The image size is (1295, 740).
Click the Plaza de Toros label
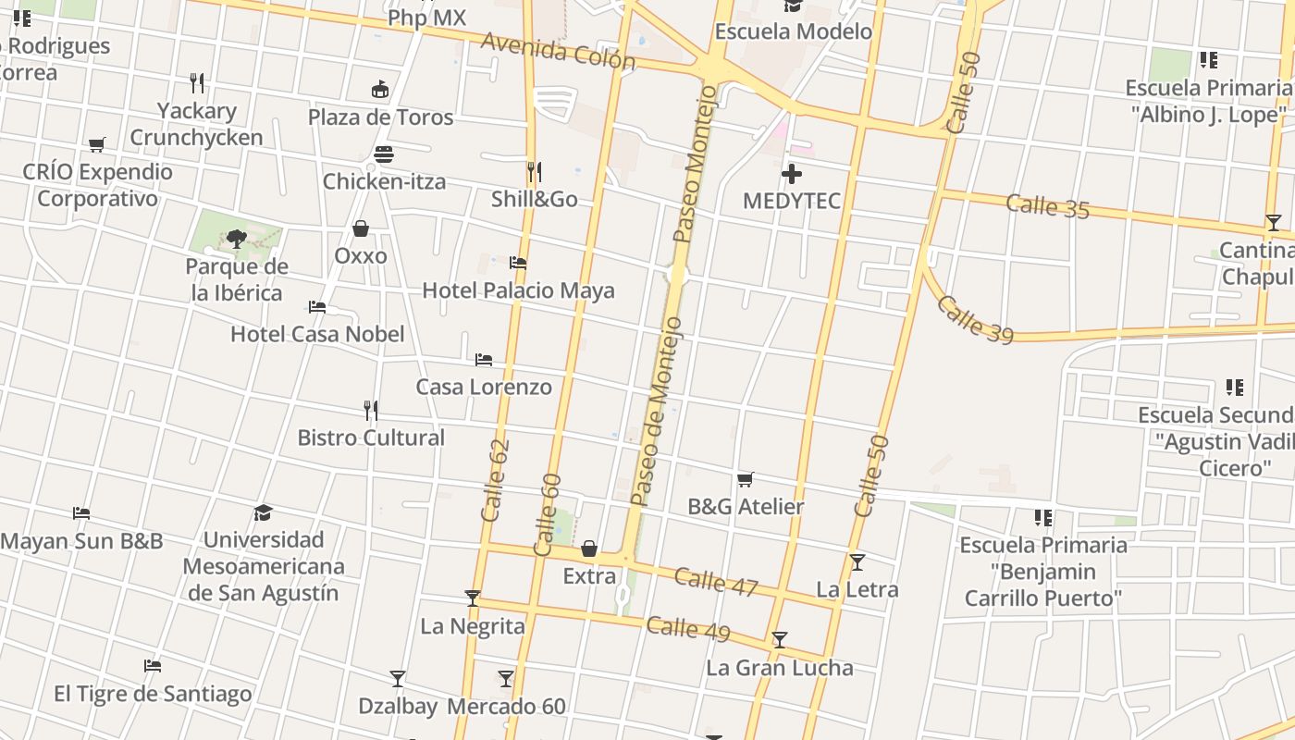click(x=380, y=117)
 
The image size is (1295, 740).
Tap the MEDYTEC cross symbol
click(x=792, y=174)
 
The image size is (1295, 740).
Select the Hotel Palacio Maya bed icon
click(x=518, y=264)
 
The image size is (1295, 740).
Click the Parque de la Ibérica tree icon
click(x=237, y=239)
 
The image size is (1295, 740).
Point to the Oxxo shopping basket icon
click(x=361, y=228)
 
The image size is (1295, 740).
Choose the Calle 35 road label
click(x=1048, y=206)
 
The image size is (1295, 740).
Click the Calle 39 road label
click(x=975, y=319)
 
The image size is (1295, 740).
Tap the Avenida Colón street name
click(x=558, y=52)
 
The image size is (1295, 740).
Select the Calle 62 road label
click(x=496, y=479)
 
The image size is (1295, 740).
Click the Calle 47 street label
click(x=716, y=582)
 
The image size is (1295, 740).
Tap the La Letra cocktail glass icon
click(x=857, y=561)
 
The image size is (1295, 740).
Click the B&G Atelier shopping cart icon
click(x=746, y=479)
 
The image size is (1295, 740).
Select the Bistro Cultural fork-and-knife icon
click(x=371, y=410)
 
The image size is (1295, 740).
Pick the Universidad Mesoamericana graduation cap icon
click(x=264, y=512)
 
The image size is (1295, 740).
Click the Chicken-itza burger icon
click(x=384, y=154)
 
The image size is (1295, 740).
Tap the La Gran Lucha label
click(x=780, y=668)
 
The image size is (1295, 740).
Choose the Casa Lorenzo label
click(x=484, y=387)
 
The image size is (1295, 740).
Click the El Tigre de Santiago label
click(x=153, y=694)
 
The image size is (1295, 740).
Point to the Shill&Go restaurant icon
click(x=534, y=171)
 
